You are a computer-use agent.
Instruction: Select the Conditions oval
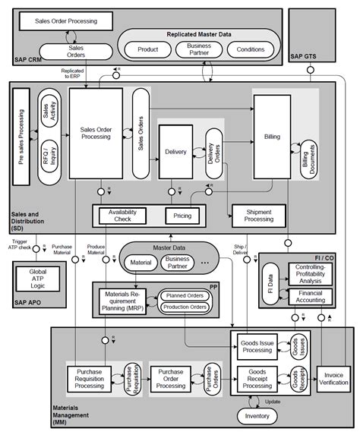click(x=250, y=50)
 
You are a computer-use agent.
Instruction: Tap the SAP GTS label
click(x=305, y=57)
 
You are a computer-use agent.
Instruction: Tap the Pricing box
click(x=182, y=216)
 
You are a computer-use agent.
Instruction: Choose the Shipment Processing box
click(x=257, y=216)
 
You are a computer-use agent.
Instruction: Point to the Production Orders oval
click(x=185, y=307)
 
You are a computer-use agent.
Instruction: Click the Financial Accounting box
click(x=311, y=295)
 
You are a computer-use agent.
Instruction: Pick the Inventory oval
click(x=257, y=417)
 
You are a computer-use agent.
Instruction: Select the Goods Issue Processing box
click(x=258, y=345)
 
